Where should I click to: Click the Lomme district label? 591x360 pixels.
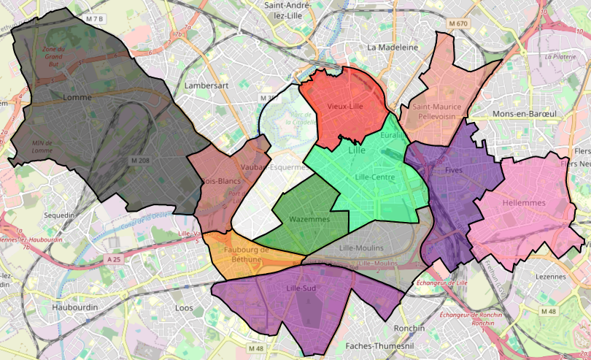(x=78, y=97)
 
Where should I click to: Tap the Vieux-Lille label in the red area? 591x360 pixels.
(x=345, y=107)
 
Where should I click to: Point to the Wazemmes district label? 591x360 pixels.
(x=309, y=219)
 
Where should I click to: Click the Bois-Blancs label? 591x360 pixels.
(x=221, y=180)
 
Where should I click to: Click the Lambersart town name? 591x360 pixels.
(x=206, y=85)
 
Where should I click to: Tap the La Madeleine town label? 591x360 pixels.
(x=393, y=47)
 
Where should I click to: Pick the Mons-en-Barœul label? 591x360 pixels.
(x=525, y=114)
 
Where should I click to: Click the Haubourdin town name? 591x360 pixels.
(x=75, y=307)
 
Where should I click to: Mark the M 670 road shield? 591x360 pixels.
(x=458, y=24)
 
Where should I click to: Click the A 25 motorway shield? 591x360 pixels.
(x=112, y=259)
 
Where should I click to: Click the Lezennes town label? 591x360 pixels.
(x=550, y=277)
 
